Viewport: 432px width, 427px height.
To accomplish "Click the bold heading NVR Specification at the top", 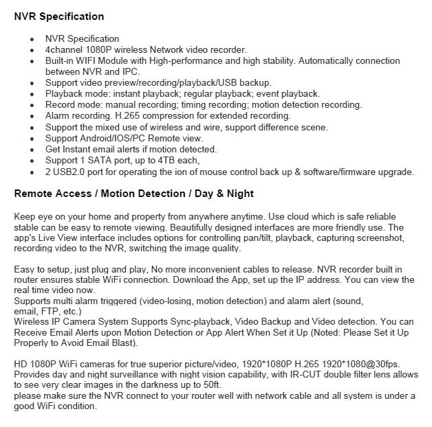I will coord(59,16).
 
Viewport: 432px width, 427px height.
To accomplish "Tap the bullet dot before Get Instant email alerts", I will coord(32,149).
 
